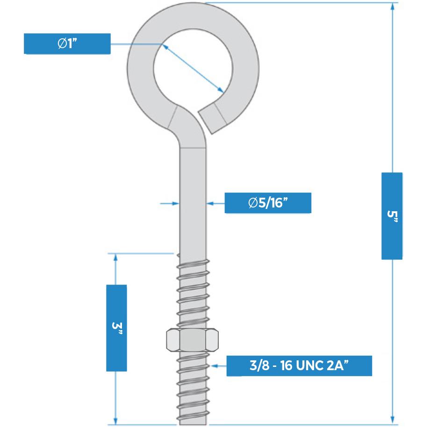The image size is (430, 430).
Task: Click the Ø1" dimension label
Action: pos(67,43)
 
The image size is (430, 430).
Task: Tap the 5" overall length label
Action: pos(392,215)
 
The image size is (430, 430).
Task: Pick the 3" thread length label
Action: pos(116,327)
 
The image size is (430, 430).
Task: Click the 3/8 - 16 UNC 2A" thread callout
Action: pos(299,365)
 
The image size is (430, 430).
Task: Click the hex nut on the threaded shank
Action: pos(192,340)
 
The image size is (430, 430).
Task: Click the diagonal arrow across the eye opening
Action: pos(192,68)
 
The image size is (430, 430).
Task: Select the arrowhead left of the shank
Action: pos(176,203)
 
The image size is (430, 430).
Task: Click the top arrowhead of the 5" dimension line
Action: pos(392,7)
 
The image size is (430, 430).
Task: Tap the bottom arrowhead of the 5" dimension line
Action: pos(392,420)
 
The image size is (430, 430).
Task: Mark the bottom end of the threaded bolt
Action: pos(192,423)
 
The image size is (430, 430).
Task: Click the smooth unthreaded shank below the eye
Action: pos(192,201)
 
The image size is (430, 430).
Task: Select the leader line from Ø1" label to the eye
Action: pos(136,43)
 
